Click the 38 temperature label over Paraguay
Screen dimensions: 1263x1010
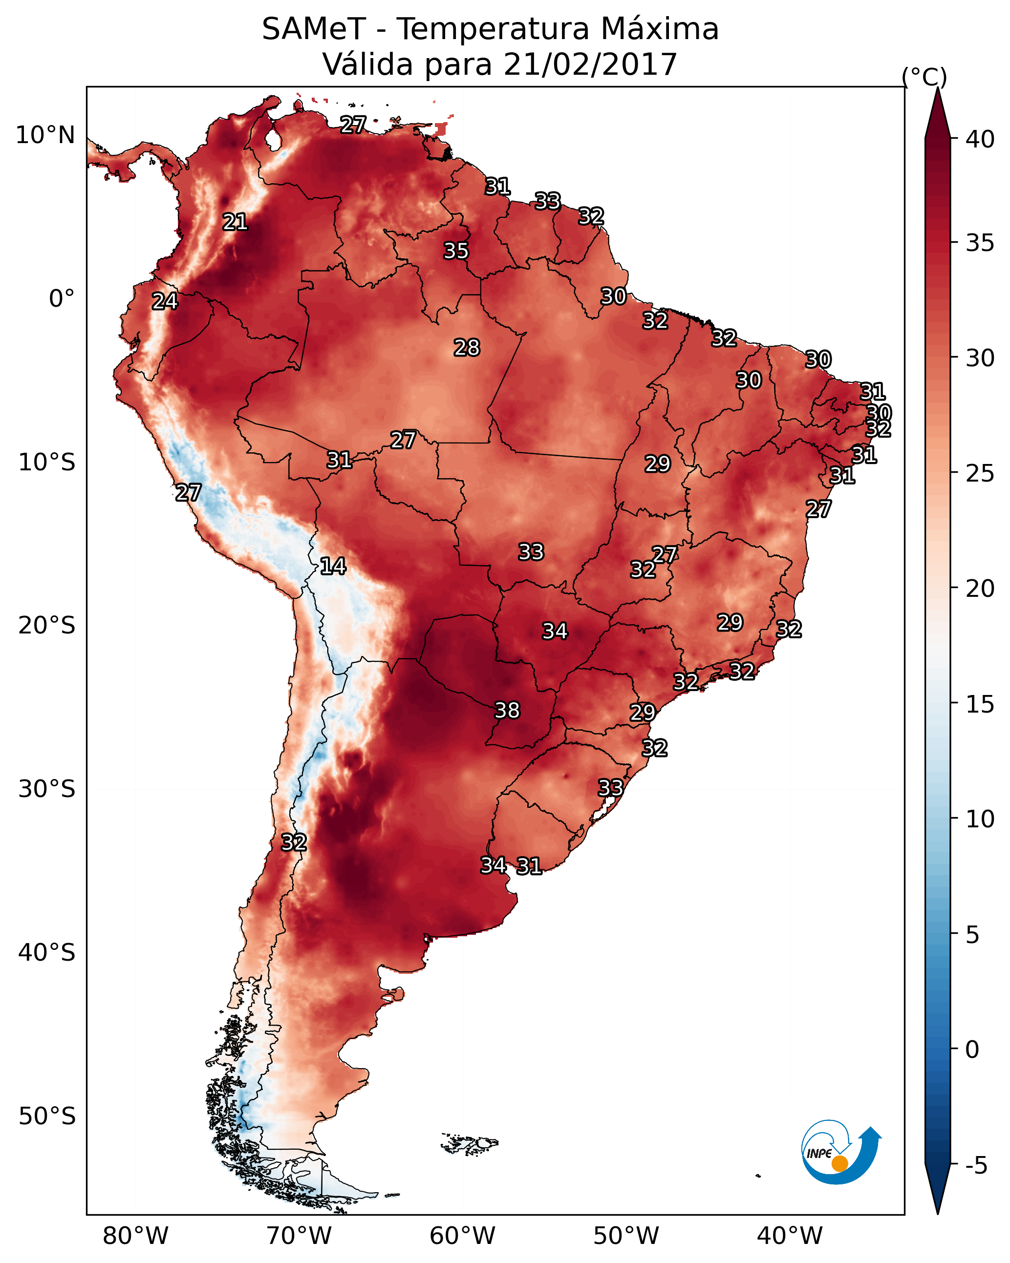tap(507, 710)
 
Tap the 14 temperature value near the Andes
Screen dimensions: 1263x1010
tap(333, 566)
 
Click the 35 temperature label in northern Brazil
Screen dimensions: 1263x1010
tap(456, 251)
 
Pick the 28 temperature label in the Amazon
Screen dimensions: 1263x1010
tap(467, 347)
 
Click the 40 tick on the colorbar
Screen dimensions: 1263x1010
tap(980, 139)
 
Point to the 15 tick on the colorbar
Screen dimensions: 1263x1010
tap(980, 705)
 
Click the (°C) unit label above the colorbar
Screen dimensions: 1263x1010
tap(924, 77)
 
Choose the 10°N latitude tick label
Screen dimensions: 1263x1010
tap(45, 135)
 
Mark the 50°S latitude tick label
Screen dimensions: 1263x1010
tap(47, 1116)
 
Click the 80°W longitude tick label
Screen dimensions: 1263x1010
tap(135, 1236)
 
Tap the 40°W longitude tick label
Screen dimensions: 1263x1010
tap(790, 1236)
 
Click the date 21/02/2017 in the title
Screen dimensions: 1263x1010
tap(590, 64)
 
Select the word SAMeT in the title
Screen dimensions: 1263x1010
tap(314, 29)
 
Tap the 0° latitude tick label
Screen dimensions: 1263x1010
tap(62, 299)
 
